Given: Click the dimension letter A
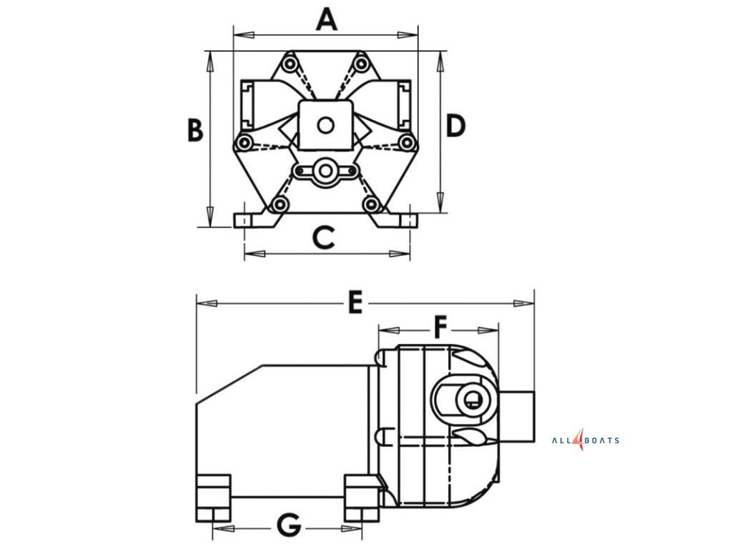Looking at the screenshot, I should coord(326,20).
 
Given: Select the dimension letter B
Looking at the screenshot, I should coord(195,130).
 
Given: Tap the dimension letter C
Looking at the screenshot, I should coord(324,237).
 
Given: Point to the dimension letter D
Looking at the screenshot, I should coord(455,127).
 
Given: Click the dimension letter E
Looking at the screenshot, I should coord(355,302).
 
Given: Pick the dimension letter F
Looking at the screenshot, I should coord(440,327).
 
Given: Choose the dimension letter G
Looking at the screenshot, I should coord(289,527).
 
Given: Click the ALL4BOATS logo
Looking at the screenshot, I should coord(585,440).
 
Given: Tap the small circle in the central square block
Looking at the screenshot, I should coord(326,126).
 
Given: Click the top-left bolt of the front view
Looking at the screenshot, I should coord(289,65).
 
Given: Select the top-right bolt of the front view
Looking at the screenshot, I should coord(362,65).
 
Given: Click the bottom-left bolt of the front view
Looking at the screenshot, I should coord(280,206).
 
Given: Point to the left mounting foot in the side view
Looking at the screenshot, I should coord(213,497).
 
